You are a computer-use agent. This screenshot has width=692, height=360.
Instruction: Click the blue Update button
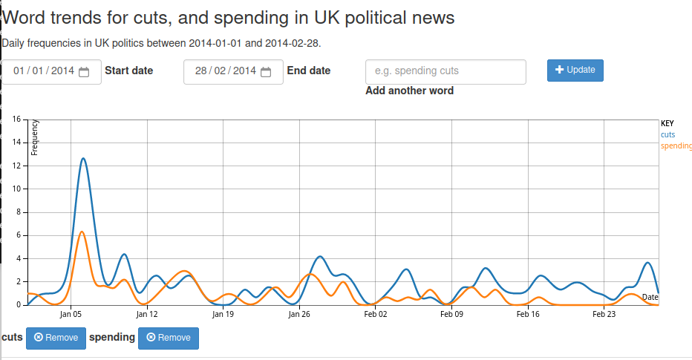(x=575, y=70)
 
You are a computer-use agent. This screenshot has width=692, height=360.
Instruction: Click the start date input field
(x=45, y=71)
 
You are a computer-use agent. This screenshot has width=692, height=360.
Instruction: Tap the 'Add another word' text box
(x=445, y=71)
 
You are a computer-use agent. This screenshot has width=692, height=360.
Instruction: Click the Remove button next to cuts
(x=56, y=338)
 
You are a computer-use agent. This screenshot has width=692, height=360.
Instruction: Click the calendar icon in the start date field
(x=84, y=72)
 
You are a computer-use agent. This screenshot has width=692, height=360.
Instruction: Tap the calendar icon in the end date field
(x=266, y=72)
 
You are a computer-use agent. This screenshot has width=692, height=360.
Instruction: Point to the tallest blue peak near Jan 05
(x=83, y=159)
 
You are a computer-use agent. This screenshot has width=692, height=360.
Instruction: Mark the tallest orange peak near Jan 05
(x=82, y=232)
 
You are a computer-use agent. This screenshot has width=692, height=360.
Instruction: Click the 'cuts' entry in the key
(x=667, y=134)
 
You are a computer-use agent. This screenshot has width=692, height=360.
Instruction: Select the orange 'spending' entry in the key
(x=676, y=145)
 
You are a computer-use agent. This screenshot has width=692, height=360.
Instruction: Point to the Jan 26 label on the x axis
(x=299, y=314)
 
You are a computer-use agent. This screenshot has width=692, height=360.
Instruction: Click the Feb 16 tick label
(x=528, y=314)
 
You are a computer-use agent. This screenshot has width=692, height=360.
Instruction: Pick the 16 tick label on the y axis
(x=18, y=120)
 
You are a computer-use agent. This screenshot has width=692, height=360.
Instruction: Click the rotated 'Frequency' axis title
(x=34, y=137)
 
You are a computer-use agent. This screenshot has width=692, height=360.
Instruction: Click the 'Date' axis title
(x=650, y=298)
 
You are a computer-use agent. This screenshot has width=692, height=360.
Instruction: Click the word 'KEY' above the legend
(x=667, y=123)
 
